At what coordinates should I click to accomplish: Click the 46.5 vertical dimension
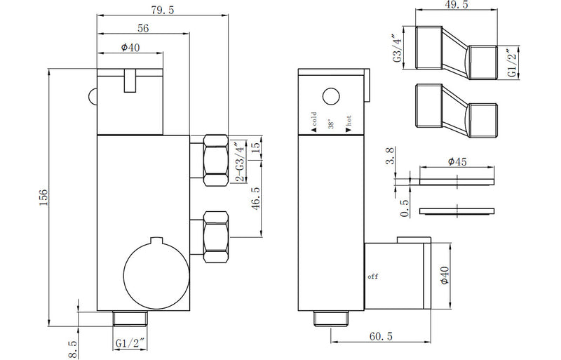click(257, 199)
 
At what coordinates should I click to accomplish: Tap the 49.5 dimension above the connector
click(457, 6)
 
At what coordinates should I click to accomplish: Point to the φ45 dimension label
click(457, 162)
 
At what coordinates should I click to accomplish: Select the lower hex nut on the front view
click(213, 236)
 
